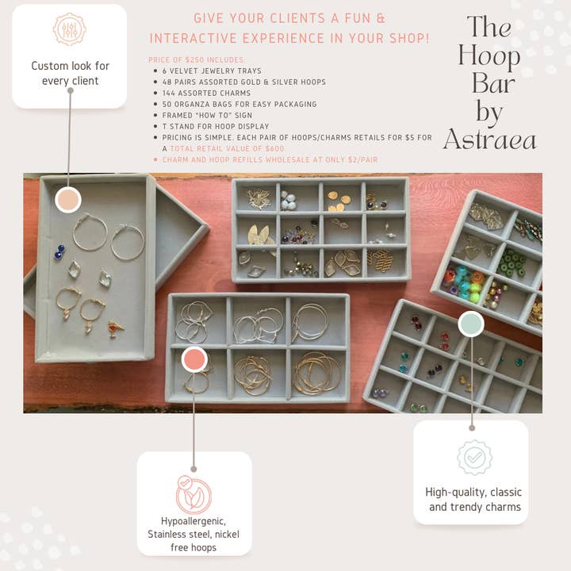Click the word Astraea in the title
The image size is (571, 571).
tap(489, 140)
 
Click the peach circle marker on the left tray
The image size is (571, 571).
tap(69, 199)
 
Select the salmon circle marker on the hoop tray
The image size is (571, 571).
tap(194, 359)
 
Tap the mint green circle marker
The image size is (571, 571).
tap(471, 324)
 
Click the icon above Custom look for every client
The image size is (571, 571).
tap(69, 29)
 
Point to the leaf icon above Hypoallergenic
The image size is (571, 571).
tap(194, 495)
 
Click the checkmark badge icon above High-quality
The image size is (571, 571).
tap(474, 458)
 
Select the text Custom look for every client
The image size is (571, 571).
tap(69, 73)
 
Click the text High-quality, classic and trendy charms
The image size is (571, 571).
tap(474, 499)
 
